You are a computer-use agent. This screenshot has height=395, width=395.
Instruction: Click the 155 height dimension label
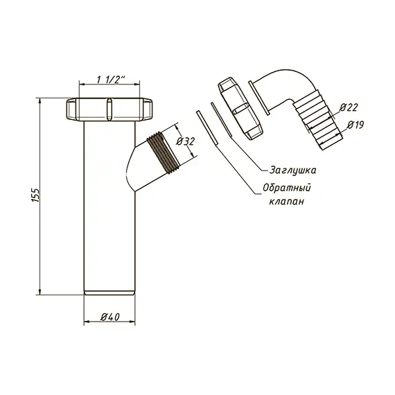(x=36, y=195)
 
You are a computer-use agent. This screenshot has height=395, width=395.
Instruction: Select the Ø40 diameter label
(x=109, y=317)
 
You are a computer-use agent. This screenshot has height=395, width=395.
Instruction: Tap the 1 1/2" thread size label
(x=111, y=80)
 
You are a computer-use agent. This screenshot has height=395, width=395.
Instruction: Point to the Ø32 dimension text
(x=185, y=141)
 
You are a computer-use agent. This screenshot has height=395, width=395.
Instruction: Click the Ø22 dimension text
(x=349, y=107)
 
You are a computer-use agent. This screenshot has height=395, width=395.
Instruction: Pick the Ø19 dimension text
(x=355, y=125)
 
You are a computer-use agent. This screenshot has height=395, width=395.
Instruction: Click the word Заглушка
(x=292, y=170)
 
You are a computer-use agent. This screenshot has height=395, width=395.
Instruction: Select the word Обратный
(x=287, y=188)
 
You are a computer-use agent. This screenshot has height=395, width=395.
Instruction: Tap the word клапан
(x=286, y=202)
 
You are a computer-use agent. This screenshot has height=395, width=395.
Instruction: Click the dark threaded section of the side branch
(x=164, y=153)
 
